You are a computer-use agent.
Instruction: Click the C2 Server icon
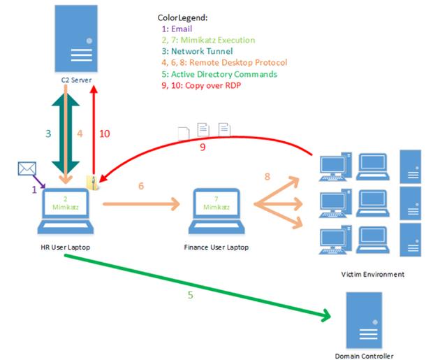(76, 38)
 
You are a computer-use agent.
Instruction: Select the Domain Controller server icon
(364, 320)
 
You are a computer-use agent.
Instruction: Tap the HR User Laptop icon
(66, 211)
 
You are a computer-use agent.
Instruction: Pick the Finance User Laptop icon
(217, 211)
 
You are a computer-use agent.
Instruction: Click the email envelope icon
(27, 168)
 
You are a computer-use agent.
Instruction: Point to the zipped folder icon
(92, 182)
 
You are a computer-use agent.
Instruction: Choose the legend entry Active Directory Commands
(219, 74)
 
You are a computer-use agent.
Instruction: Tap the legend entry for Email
(177, 29)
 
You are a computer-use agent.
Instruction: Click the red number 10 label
(104, 134)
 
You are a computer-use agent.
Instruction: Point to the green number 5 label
(191, 295)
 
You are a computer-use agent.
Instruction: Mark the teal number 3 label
(48, 134)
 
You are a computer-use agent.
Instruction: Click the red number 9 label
(203, 147)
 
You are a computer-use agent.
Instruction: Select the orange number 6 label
(141, 186)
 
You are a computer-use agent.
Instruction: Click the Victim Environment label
(372, 275)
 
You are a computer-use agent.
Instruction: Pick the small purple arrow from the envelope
(39, 182)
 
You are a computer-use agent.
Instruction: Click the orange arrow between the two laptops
(141, 204)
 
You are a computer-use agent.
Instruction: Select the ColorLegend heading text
(182, 17)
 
